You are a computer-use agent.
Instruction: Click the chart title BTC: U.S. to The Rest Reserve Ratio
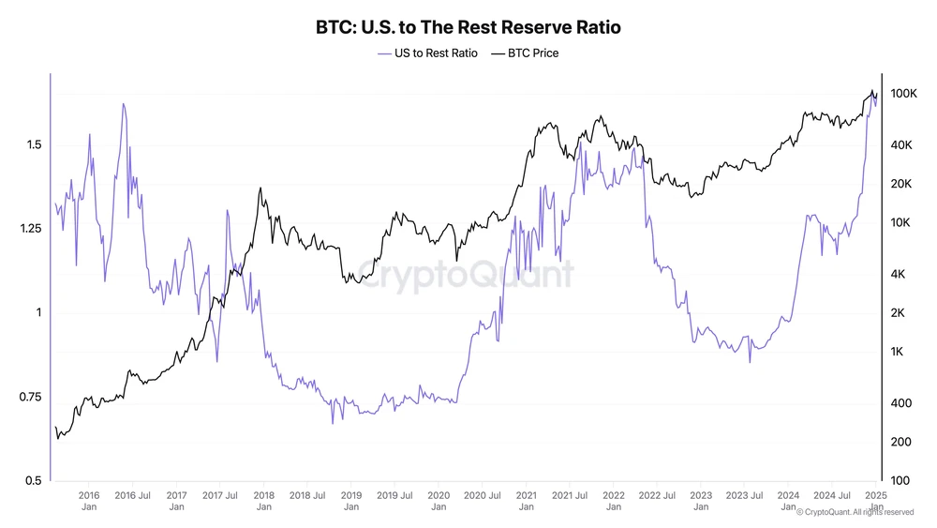(468, 28)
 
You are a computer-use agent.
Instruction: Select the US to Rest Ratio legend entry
(427, 53)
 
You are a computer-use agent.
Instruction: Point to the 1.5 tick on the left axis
(33, 145)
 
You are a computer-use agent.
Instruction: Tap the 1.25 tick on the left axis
(29, 229)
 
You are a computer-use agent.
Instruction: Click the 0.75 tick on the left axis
(29, 397)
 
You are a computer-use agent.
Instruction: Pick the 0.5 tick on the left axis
(33, 480)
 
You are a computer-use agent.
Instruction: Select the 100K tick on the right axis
(902, 94)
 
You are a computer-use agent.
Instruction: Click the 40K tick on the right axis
(900, 145)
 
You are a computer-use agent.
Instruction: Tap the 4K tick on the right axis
(898, 274)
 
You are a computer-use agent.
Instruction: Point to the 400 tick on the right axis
(900, 403)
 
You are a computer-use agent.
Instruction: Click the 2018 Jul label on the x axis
(306, 494)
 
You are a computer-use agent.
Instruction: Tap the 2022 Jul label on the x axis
(656, 494)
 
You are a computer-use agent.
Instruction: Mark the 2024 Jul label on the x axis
(831, 494)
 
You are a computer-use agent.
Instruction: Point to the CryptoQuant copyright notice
(855, 512)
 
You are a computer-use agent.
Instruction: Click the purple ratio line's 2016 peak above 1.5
(123, 104)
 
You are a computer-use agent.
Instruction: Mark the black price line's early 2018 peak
(260, 189)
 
